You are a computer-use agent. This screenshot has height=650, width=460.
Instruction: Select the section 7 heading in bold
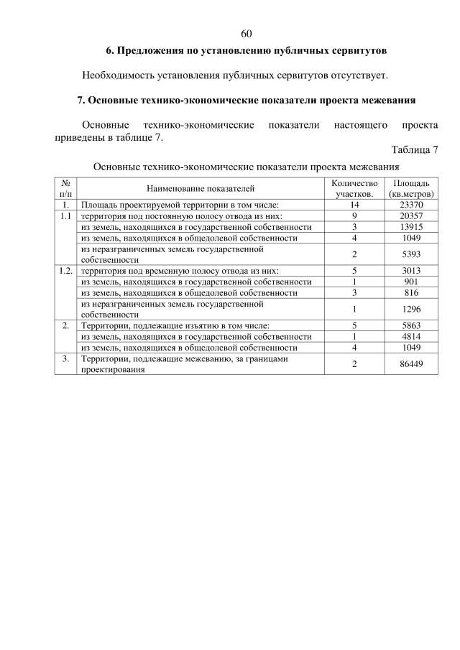[247, 100]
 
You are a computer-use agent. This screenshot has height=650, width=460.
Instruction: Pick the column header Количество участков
[354, 189]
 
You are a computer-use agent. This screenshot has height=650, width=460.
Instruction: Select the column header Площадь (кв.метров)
[411, 189]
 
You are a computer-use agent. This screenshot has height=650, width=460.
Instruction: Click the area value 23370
[411, 205]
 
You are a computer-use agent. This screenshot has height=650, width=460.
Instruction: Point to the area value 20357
[411, 215]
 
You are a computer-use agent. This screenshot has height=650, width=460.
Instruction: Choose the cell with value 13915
[411, 226]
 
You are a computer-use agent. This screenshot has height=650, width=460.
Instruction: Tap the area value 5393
[411, 254]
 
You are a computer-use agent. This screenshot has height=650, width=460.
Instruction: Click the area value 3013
[411, 271]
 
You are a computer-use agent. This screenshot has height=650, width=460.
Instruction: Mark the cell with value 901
[411, 282]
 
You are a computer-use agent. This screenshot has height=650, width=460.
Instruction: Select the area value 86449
[411, 364]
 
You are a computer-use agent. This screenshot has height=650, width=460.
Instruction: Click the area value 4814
[411, 336]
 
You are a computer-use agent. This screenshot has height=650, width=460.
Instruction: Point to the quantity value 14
[354, 205]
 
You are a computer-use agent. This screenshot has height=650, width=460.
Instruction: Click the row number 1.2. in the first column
[65, 271]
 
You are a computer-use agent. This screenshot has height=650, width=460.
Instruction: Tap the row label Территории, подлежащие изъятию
[175, 325]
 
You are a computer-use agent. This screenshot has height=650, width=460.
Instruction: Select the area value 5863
[411, 325]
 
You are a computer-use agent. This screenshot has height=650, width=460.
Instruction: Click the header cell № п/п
[65, 189]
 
